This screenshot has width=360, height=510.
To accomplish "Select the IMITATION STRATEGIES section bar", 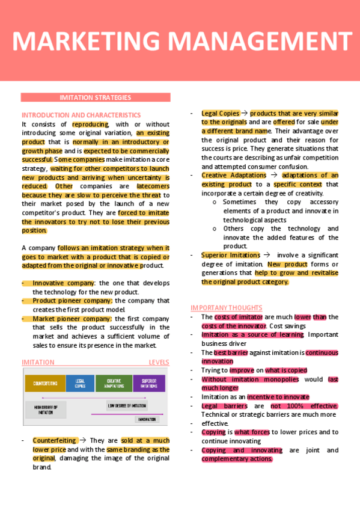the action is tap(96, 97).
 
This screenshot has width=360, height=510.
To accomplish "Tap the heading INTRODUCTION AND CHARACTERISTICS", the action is tap(81, 115).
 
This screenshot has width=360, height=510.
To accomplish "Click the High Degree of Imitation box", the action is tap(46, 410).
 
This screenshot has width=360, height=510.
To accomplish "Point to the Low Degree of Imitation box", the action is tap(127, 406).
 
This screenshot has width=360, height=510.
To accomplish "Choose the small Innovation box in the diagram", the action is tap(147, 419).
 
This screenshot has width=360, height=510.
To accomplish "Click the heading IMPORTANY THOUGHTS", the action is tap(226, 307).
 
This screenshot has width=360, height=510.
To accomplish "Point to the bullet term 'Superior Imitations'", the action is tap(230, 255).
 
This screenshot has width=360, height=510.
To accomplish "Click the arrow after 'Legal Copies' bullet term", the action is tap(244, 112).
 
